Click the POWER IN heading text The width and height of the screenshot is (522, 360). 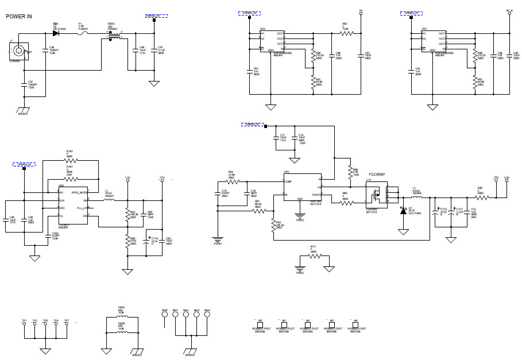click(19, 17)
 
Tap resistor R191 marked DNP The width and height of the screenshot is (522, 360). click(69, 175)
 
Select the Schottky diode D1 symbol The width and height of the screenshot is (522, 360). click(403, 211)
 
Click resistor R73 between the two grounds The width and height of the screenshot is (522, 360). click(313, 256)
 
